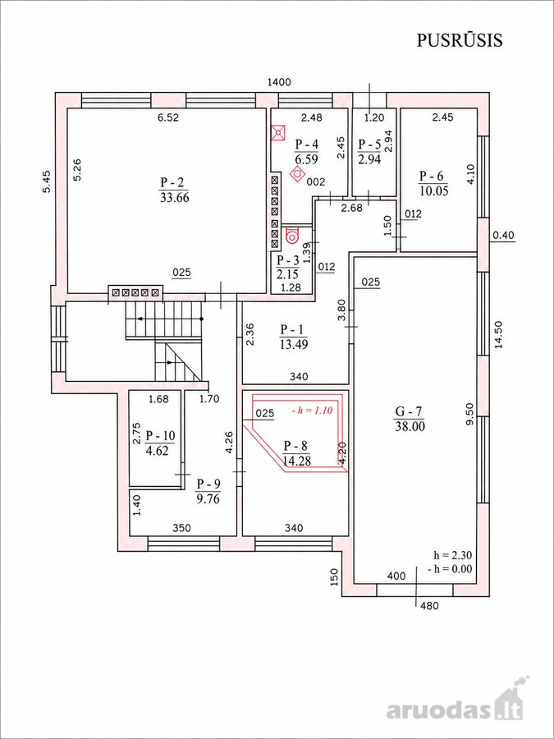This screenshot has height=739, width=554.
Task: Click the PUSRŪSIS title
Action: tap(460, 40)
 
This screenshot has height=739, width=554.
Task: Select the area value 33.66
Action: tap(174, 197)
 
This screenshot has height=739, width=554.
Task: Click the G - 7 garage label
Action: tap(409, 411)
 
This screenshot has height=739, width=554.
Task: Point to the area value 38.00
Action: tap(410, 427)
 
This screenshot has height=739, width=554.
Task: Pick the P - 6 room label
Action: tap(433, 176)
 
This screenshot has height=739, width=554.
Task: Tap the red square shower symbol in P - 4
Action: tap(278, 132)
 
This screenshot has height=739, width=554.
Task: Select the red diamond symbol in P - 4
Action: tap(298, 174)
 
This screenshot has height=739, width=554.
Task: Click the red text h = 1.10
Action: tap(313, 411)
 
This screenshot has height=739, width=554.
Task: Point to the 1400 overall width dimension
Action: tap(279, 82)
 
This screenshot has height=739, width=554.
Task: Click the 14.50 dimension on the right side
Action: tap(499, 335)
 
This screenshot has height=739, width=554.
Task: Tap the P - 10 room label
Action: tap(160, 434)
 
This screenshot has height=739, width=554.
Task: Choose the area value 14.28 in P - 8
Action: tap(297, 461)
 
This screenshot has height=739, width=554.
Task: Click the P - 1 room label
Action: tap(294, 329)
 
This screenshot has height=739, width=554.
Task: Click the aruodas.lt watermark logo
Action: tap(455, 709)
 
